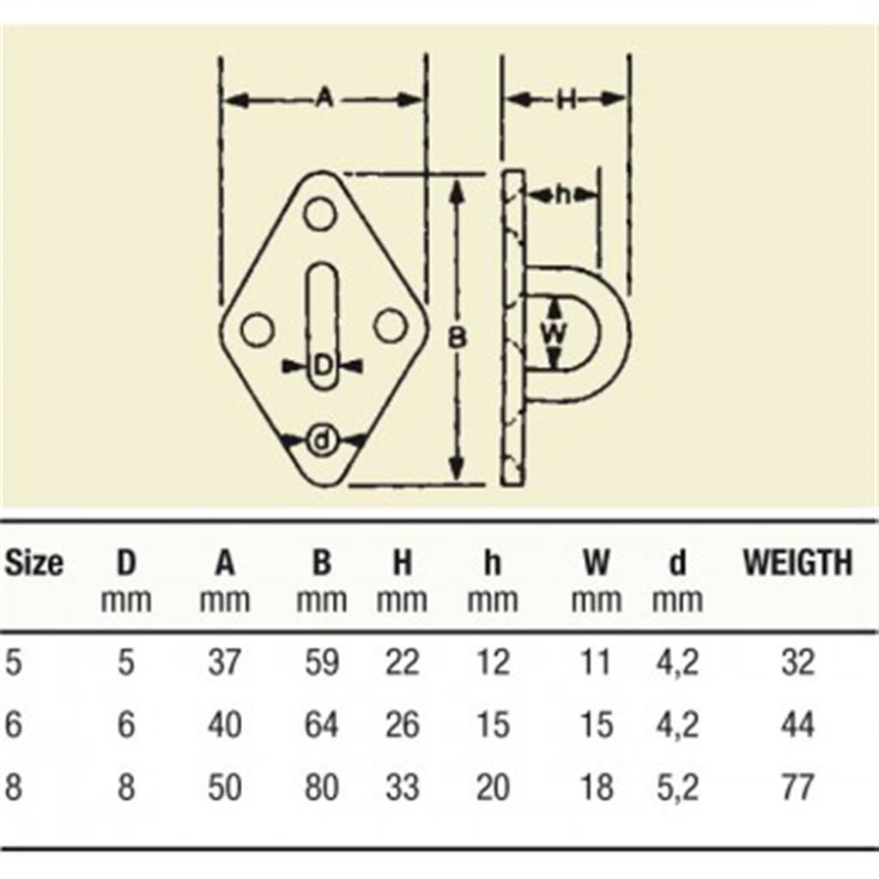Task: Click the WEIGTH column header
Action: click(x=797, y=562)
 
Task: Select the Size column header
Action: click(x=34, y=562)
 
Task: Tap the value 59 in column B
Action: click(x=322, y=662)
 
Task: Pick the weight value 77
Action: click(x=797, y=786)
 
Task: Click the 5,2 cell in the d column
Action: click(x=677, y=787)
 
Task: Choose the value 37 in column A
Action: click(x=224, y=662)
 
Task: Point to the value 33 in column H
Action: click(x=403, y=786)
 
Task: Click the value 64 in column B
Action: click(x=322, y=724)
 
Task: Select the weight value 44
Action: click(x=797, y=724)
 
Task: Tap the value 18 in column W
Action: click(x=596, y=786)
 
